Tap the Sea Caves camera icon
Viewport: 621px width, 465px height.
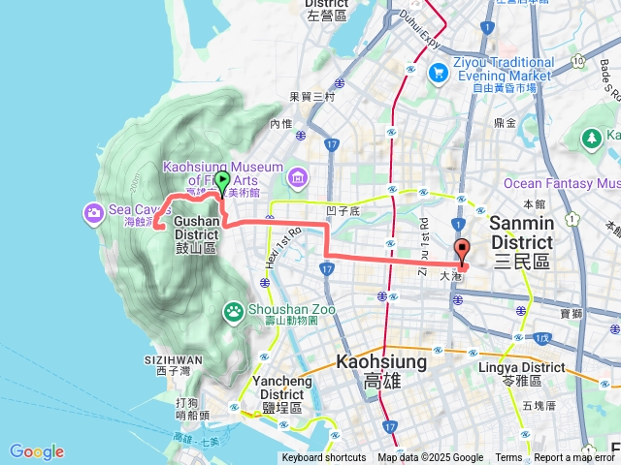click(x=94, y=211)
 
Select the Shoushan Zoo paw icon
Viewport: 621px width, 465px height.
click(x=234, y=311)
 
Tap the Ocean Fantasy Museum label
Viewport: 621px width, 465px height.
click(x=562, y=183)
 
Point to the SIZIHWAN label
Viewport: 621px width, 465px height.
click(x=179, y=359)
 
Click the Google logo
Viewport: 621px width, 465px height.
click(x=36, y=451)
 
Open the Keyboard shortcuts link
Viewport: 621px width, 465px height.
click(x=324, y=458)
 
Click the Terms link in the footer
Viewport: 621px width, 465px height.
click(x=508, y=458)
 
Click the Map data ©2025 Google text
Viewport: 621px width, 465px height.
click(x=430, y=458)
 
